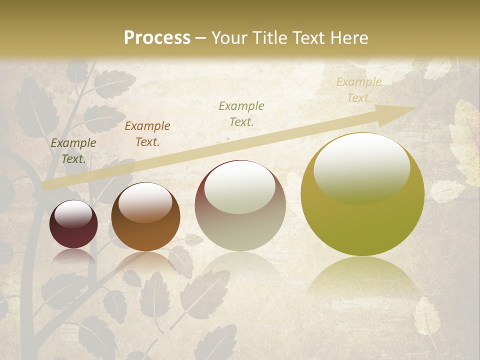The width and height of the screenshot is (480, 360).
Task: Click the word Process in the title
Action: point(157,38)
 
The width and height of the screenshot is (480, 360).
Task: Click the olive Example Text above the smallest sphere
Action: point(73,151)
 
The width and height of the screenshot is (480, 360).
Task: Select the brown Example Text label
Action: point(147,134)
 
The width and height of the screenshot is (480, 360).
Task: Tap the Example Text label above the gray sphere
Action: point(241,113)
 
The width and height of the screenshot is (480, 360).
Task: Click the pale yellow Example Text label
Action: point(359,90)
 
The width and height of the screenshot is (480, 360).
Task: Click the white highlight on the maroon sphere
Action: point(73,214)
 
